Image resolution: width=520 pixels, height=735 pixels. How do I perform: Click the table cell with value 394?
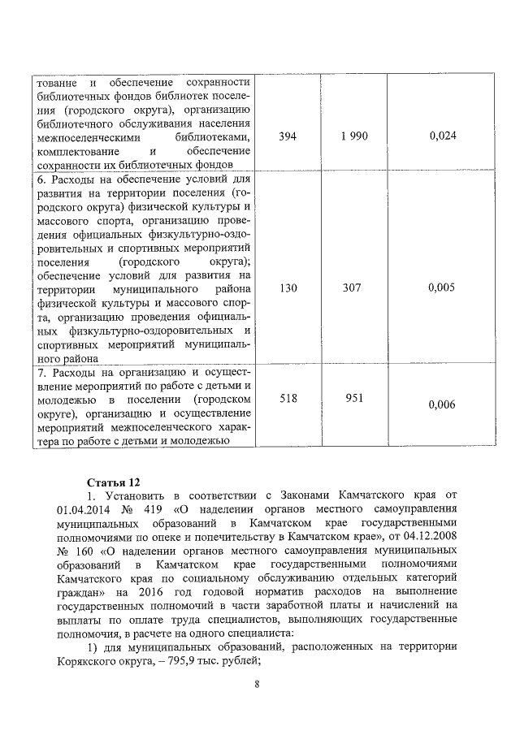point(288,136)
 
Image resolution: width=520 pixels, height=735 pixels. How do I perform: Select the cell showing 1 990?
point(354,136)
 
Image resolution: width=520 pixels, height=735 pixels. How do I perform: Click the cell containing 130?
point(288,288)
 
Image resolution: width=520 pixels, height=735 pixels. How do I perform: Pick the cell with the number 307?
point(354,288)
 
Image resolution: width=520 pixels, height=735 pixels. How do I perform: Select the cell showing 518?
point(288,399)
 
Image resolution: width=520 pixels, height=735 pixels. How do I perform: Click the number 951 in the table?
point(354,399)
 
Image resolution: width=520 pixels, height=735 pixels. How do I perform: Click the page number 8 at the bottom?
point(257,684)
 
